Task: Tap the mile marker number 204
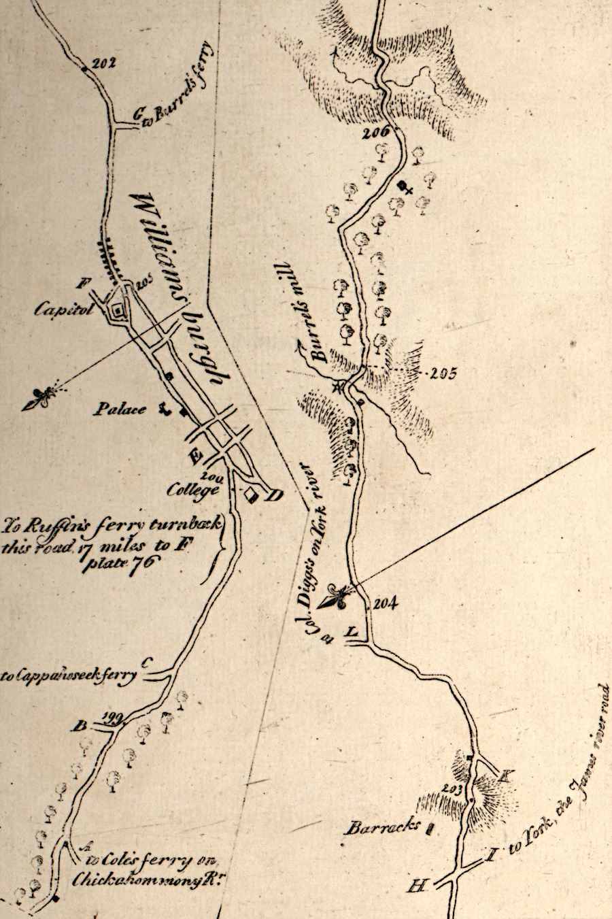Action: point(385,601)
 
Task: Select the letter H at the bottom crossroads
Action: point(416,886)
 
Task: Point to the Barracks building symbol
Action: point(430,828)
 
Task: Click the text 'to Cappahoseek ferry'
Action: point(68,676)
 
